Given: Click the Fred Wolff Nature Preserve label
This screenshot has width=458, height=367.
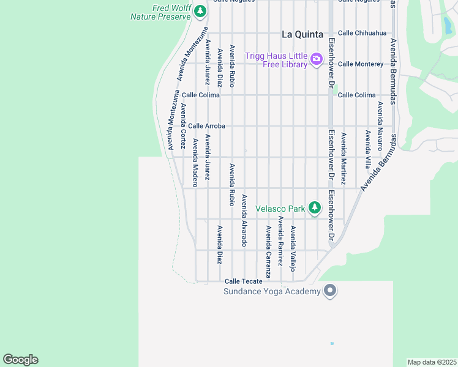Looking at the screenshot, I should [x=160, y=12].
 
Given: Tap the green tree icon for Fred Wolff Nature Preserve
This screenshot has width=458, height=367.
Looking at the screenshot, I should [x=200, y=12].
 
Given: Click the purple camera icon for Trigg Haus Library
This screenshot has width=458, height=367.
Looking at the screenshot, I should [x=316, y=59].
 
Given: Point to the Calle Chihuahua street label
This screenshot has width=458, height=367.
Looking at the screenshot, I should [x=362, y=33].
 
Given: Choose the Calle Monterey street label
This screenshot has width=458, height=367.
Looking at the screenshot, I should [x=361, y=64].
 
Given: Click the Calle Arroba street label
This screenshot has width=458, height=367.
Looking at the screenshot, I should [x=206, y=126].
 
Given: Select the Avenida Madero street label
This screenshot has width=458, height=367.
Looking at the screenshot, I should [x=195, y=158].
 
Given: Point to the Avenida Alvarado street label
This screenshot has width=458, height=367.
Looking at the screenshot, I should [x=244, y=220].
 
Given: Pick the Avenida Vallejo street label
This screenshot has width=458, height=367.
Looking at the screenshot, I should [x=293, y=248].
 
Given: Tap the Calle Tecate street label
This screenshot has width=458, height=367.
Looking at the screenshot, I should [x=243, y=281].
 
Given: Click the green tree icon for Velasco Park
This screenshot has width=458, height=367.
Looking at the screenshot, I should [x=314, y=208].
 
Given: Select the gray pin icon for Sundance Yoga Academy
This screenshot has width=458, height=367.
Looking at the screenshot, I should [x=330, y=290].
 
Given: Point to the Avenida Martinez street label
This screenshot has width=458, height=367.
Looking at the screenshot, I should [x=343, y=159].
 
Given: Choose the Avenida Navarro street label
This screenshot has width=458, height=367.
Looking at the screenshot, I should [x=380, y=121].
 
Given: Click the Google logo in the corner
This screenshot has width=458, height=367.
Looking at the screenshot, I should [x=20, y=360].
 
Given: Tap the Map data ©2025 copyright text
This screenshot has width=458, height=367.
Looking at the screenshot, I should [x=432, y=362].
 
